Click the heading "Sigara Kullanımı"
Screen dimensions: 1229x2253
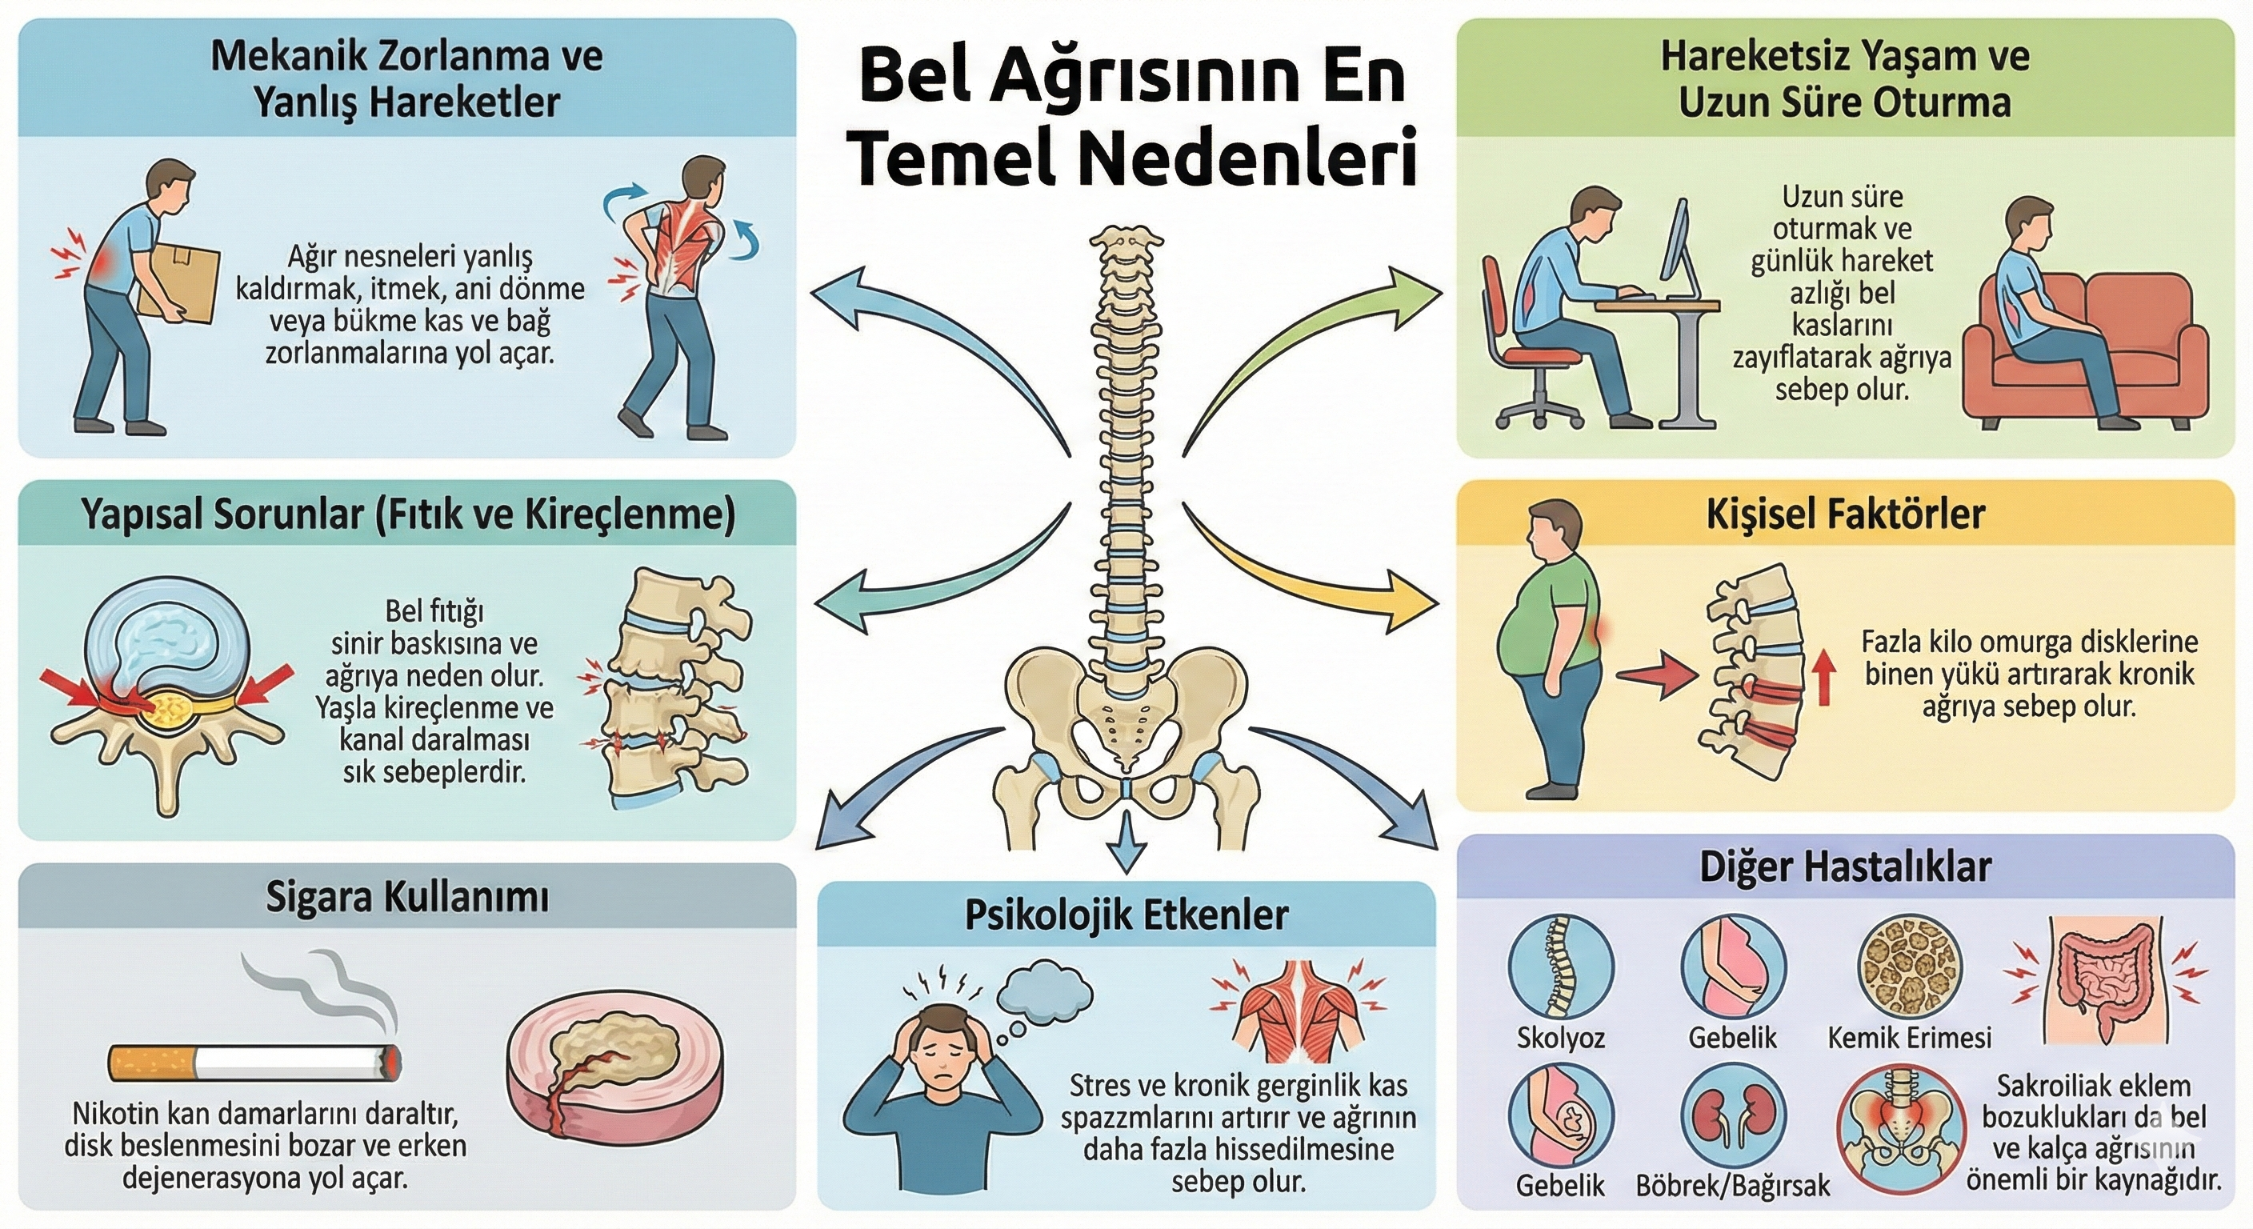(406, 899)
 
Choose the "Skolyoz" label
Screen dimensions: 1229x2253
(1561, 1038)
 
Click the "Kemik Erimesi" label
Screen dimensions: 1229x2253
(1909, 1038)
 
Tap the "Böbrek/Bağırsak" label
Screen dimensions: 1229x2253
(1733, 1185)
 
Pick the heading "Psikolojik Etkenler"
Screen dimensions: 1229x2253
(1126, 915)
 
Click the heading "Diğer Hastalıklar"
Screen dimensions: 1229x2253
(1846, 867)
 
